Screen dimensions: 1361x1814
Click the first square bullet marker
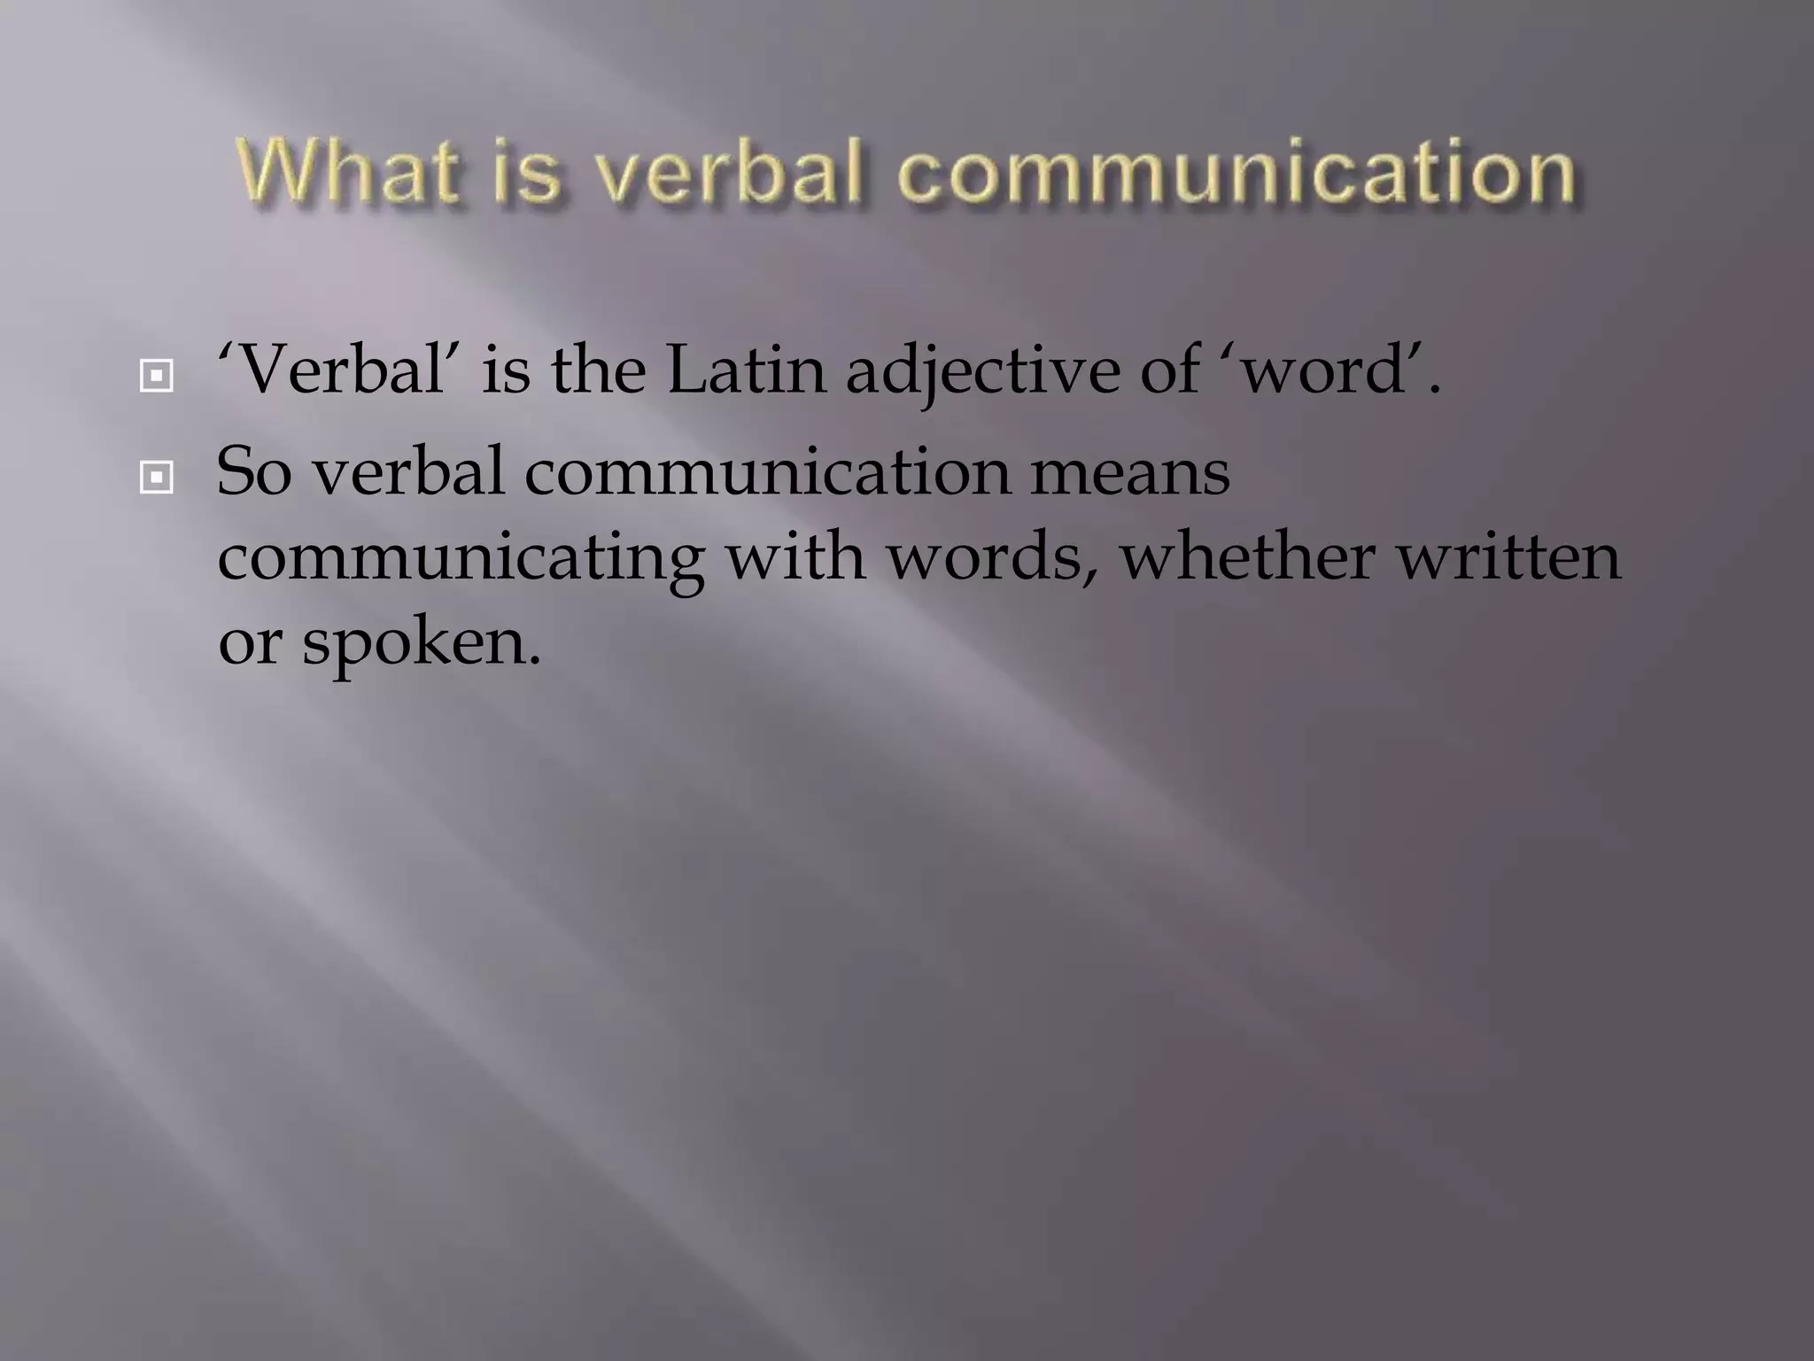pos(157,377)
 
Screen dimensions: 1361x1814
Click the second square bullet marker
pos(157,478)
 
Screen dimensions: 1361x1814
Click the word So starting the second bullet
pos(253,471)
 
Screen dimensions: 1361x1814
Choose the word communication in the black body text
pos(767,471)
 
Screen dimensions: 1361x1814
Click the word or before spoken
pos(250,642)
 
